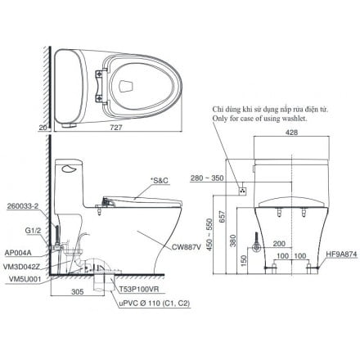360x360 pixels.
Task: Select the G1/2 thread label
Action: pyautogui.click(x=34, y=231)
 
